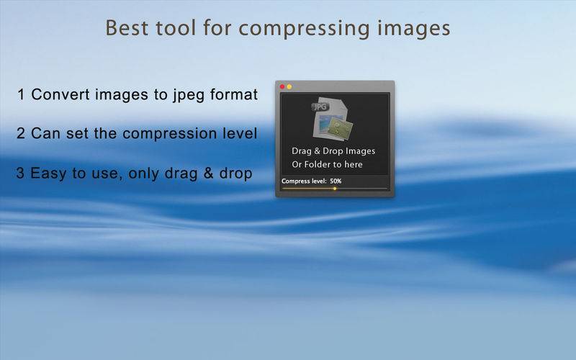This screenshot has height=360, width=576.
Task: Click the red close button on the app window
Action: click(282, 86)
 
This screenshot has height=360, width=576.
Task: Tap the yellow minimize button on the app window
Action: click(289, 86)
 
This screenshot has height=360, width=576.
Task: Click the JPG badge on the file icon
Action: click(320, 107)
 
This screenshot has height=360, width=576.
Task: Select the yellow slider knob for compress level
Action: click(335, 189)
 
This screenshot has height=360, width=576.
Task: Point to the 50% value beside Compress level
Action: click(336, 181)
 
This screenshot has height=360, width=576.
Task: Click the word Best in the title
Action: click(127, 28)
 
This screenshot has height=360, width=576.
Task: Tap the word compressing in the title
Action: click(304, 29)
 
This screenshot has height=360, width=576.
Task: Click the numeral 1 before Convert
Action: click(21, 95)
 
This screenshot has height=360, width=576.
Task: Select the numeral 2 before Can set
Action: click(21, 133)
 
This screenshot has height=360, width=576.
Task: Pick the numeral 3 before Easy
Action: click(20, 173)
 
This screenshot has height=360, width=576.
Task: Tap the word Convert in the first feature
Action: click(60, 94)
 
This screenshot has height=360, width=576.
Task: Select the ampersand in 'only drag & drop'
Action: click(208, 173)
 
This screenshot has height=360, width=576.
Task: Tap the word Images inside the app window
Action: click(360, 151)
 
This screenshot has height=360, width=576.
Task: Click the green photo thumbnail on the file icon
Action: click(341, 128)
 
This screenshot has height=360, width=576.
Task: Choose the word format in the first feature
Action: click(234, 94)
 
